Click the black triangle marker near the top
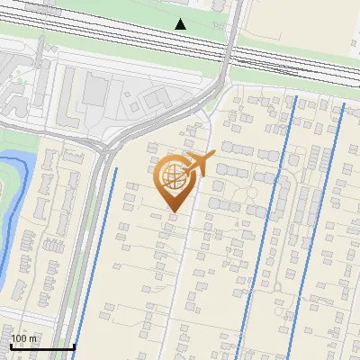point(181,24)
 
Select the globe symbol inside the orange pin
point(172,179)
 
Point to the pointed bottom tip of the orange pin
point(173,212)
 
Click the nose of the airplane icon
point(212,156)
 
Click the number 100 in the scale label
point(19,338)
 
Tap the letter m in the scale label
point(32,338)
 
